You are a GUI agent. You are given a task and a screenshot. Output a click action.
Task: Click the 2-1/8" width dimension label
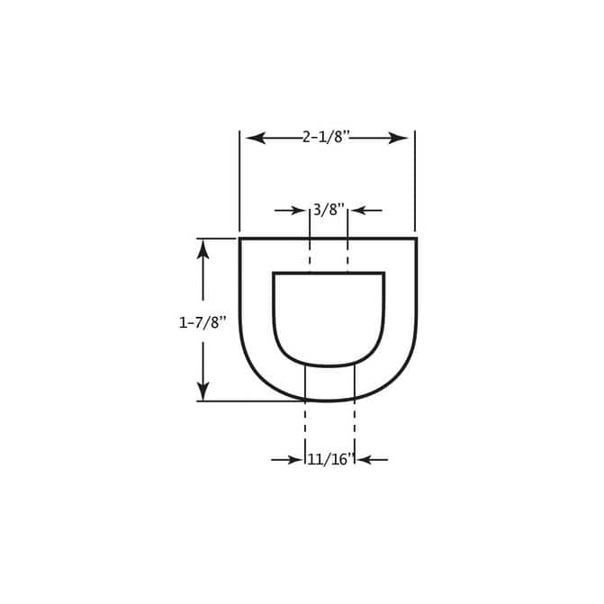(326, 137)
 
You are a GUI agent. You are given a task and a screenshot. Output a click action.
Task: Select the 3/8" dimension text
(329, 210)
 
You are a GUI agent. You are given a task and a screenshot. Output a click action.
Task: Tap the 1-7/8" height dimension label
(202, 322)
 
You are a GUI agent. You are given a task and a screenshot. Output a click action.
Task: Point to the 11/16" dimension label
(330, 459)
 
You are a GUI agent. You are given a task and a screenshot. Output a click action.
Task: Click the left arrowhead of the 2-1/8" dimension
(256, 138)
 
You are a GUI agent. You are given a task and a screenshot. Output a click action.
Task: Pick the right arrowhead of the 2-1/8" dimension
(398, 138)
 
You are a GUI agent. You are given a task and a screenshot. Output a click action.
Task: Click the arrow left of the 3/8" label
(290, 211)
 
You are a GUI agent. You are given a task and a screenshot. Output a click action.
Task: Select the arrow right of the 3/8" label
(366, 211)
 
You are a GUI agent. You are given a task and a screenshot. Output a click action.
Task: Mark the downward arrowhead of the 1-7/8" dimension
(203, 391)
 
